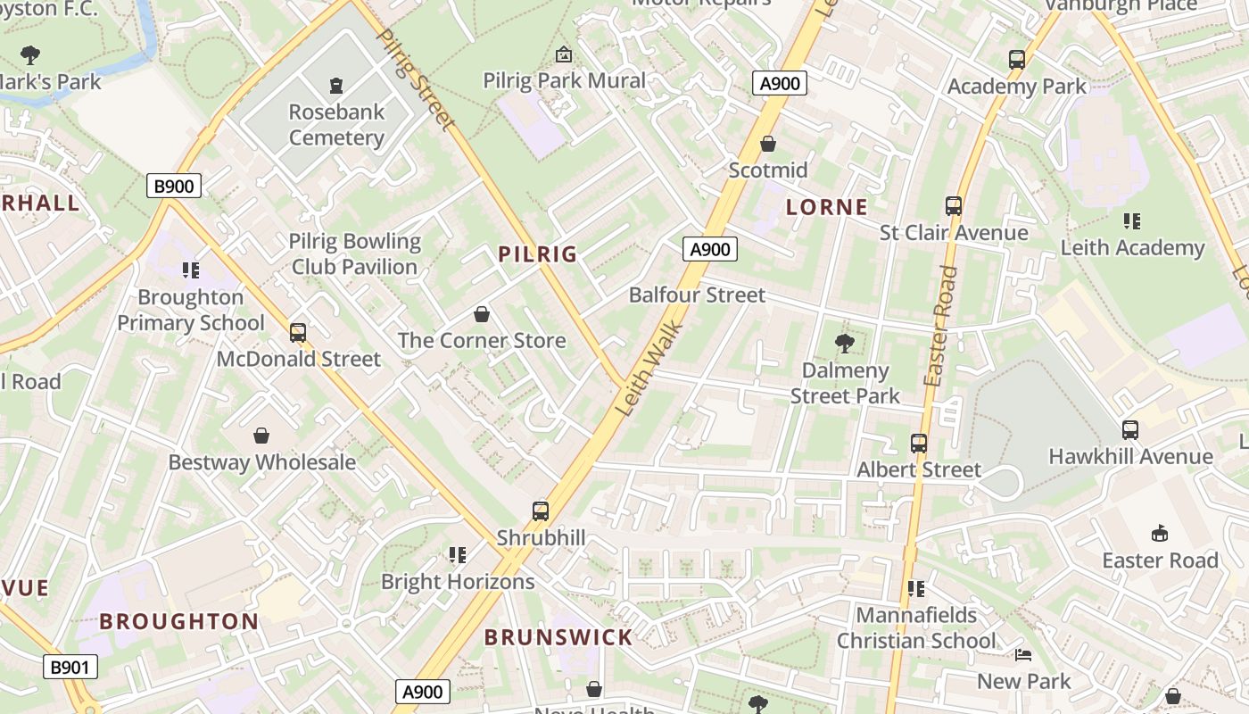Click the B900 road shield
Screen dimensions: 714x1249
(x=174, y=186)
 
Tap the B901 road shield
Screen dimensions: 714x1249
(x=70, y=667)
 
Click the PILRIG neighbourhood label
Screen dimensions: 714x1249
(x=537, y=254)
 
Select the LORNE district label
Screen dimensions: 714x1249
(x=826, y=208)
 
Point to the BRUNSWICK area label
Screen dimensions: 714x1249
(x=558, y=637)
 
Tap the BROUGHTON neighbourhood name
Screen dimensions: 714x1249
(x=178, y=621)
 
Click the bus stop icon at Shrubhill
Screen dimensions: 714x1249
(x=541, y=511)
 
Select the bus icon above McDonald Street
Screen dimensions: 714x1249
(x=298, y=333)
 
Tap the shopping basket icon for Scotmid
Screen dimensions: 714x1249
(x=768, y=144)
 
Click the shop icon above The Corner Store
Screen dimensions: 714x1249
(x=482, y=314)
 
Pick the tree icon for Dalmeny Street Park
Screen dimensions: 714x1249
(x=844, y=344)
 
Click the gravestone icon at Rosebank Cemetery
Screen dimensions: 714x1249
(x=336, y=86)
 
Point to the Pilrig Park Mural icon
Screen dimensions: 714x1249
(x=564, y=55)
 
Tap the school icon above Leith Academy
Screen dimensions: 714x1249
(x=1132, y=220)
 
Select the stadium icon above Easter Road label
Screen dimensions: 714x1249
(x=1159, y=534)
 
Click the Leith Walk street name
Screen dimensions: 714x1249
(x=650, y=369)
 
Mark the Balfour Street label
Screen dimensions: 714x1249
(x=697, y=295)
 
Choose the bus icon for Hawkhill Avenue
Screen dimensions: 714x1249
(x=1130, y=429)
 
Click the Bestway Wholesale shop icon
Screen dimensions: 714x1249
(x=261, y=436)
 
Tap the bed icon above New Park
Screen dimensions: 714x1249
(x=1023, y=655)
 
